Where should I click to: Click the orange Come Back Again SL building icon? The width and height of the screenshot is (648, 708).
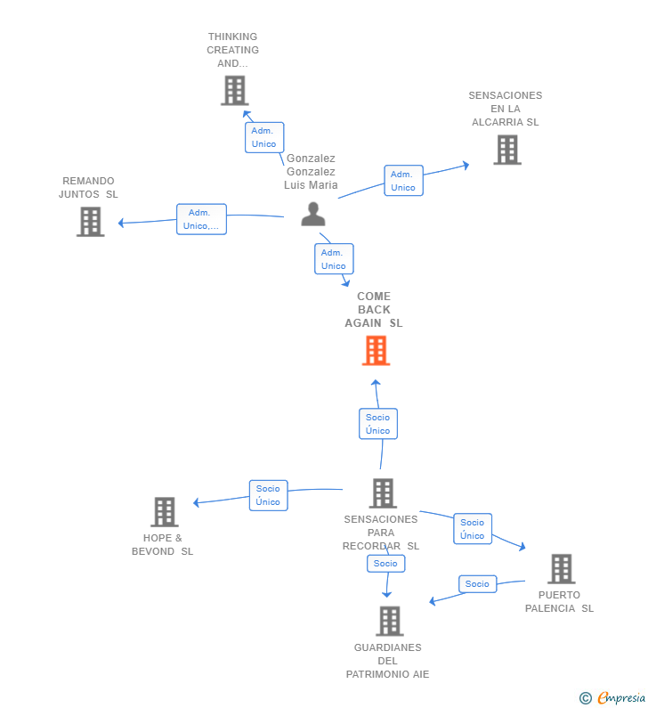(x=376, y=350)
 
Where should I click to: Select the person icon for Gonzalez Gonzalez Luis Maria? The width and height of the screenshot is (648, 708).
(x=313, y=214)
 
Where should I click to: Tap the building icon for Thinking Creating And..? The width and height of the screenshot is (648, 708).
(x=235, y=90)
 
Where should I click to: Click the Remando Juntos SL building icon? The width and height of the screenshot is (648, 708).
(x=90, y=222)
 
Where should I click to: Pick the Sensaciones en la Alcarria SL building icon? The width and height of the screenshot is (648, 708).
(x=507, y=150)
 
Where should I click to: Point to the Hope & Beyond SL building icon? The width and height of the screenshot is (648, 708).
(x=165, y=512)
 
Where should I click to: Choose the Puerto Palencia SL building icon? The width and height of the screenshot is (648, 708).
(x=562, y=569)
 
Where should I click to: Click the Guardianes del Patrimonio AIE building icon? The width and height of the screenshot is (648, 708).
(x=390, y=621)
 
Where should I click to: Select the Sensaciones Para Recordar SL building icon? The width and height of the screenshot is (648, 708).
(x=383, y=493)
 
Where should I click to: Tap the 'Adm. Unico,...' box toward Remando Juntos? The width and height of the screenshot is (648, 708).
(x=201, y=219)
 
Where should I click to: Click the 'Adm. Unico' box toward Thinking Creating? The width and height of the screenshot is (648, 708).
(x=264, y=137)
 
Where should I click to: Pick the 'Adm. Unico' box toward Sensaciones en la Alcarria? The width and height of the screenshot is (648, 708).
(x=403, y=181)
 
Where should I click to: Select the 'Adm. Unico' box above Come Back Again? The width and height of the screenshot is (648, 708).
(x=334, y=259)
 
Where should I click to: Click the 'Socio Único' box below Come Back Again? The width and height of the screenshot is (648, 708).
(x=378, y=424)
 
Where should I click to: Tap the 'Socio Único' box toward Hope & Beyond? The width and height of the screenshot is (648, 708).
(x=269, y=495)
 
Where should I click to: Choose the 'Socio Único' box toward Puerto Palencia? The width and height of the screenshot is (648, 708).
(x=473, y=529)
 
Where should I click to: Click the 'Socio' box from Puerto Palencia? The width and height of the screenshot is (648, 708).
(x=477, y=584)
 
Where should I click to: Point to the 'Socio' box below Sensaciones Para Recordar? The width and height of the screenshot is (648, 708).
(x=385, y=563)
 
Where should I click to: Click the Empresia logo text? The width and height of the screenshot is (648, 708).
(x=621, y=698)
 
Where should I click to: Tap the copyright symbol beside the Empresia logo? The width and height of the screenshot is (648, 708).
(x=586, y=698)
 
